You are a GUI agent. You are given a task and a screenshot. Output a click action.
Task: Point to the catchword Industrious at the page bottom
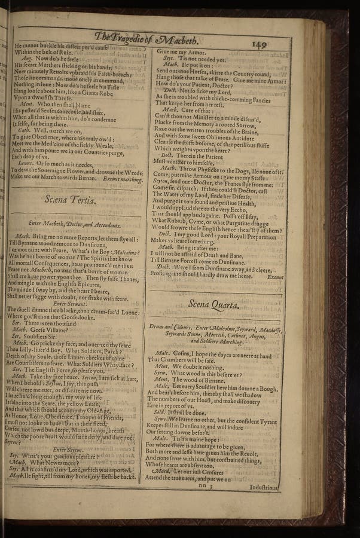[x=263, y=487]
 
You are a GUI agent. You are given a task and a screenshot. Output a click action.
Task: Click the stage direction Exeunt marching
[x=123, y=178]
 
